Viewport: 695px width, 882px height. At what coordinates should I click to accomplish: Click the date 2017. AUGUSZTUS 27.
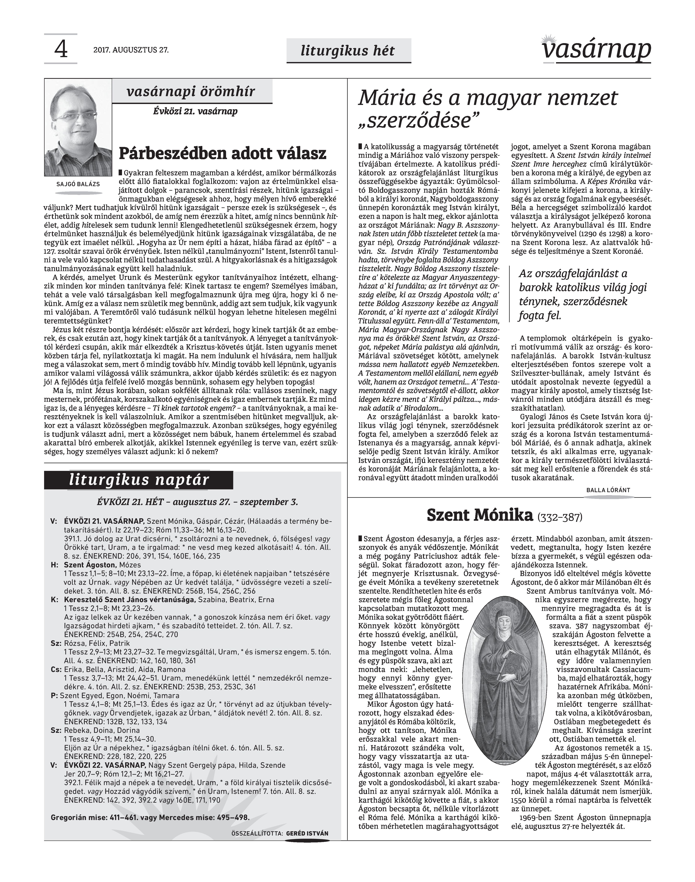(x=131, y=50)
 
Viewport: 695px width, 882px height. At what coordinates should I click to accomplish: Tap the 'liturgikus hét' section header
(x=348, y=50)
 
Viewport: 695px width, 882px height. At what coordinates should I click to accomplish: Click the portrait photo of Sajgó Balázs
(x=78, y=128)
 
